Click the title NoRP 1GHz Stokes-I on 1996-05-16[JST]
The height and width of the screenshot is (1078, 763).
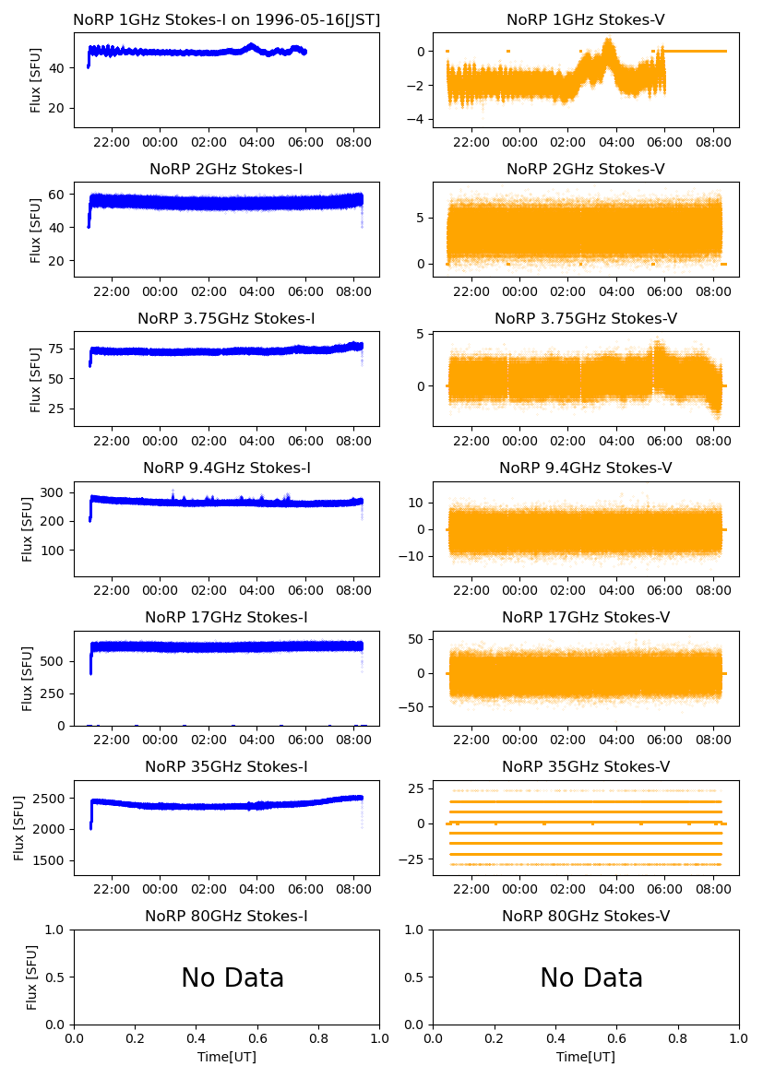226,19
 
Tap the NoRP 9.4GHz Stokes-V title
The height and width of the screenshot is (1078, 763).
586,468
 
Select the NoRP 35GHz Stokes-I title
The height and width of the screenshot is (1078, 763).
226,767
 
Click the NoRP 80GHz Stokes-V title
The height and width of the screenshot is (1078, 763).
586,917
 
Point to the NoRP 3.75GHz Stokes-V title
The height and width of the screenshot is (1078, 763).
586,319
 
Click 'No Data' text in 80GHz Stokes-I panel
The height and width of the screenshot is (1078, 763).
232,978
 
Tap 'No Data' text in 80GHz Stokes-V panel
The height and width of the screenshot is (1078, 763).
591,978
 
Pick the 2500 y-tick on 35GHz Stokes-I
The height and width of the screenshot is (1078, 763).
53,799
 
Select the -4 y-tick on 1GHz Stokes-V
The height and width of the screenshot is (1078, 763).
419,120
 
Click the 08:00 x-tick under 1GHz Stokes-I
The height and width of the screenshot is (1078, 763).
354,143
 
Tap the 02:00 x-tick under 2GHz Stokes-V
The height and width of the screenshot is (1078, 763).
568,292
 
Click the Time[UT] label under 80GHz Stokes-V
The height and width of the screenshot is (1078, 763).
586,1057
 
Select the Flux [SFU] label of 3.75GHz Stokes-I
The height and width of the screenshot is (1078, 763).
36,379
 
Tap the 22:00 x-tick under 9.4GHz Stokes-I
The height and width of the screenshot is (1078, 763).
112,591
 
